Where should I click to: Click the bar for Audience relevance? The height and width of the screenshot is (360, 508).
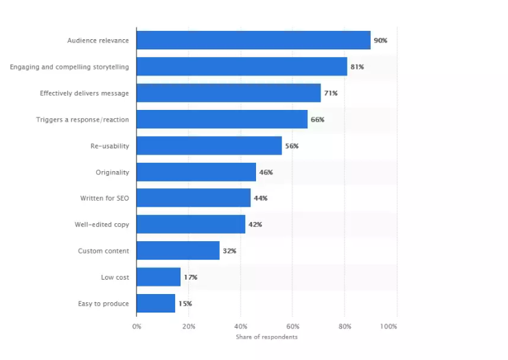[x=253, y=41]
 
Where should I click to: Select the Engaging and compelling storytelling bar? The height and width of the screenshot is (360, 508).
[x=242, y=67]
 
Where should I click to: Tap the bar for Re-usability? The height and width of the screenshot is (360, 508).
[x=209, y=146]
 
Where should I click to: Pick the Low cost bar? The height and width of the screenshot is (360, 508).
[x=159, y=277]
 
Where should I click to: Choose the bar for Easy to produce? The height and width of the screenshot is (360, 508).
[x=156, y=303]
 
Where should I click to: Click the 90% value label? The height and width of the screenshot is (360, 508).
[x=380, y=41]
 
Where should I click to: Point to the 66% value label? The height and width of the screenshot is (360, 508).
[x=317, y=120]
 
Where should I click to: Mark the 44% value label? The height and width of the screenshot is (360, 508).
[x=260, y=198]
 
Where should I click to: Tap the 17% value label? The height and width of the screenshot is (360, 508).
[x=190, y=277]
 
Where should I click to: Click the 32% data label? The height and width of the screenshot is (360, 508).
[x=229, y=251]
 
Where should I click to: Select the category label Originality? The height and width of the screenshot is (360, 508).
[x=112, y=172]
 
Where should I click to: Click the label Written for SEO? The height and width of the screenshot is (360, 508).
[x=104, y=198]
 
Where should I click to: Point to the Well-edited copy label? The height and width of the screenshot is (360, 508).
[x=102, y=225]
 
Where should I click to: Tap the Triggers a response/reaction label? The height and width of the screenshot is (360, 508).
[x=82, y=120]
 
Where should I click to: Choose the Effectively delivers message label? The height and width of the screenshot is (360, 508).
[x=84, y=93]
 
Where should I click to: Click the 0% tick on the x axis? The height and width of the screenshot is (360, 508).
[x=137, y=326]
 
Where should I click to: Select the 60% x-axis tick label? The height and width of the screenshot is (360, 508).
[x=293, y=326]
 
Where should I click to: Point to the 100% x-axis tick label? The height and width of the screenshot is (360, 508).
[x=388, y=326]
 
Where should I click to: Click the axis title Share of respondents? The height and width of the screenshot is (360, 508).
[x=267, y=337]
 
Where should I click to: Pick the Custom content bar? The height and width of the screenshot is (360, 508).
[x=178, y=251]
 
